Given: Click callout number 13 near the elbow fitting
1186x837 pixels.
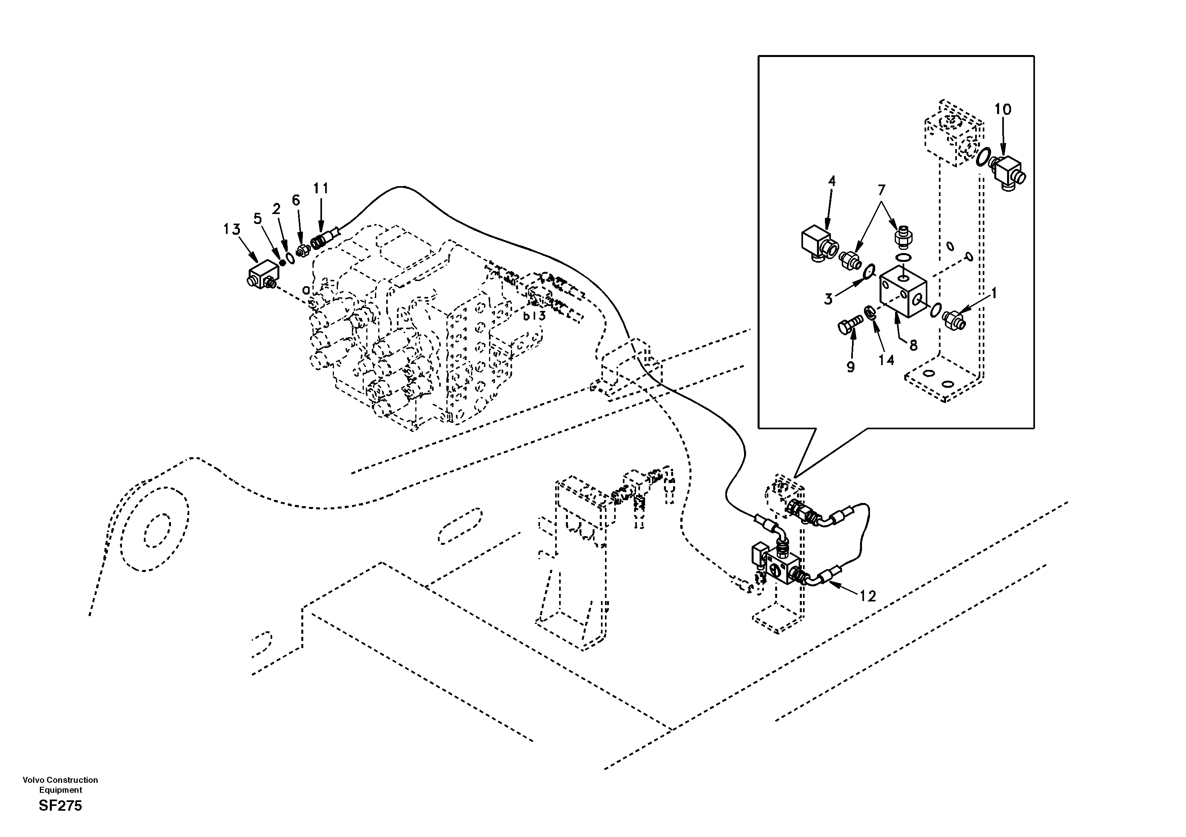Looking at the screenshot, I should tap(232, 229).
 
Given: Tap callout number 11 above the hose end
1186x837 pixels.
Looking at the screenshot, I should tap(321, 189).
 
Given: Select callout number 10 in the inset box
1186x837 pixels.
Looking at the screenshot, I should tap(1003, 110).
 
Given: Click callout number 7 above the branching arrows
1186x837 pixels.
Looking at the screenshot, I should tap(881, 190).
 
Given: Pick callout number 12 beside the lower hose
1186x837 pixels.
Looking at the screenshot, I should tap(868, 596).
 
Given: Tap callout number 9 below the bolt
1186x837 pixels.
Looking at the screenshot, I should tap(850, 367).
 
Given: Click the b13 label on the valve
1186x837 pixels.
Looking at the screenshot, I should tap(534, 316).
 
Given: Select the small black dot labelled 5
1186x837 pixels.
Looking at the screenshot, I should tap(282, 263).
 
